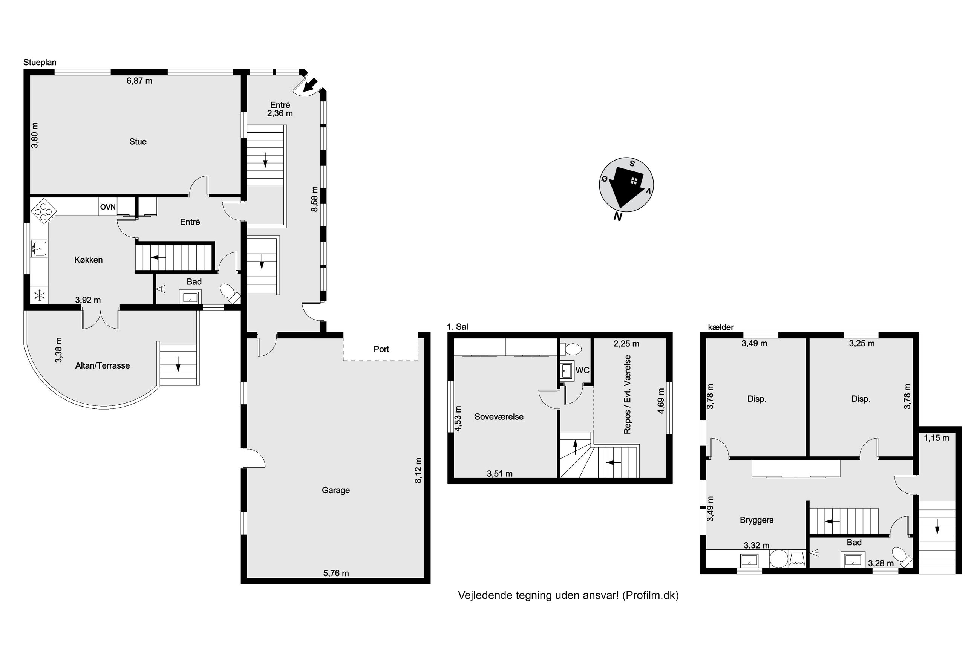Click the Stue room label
[x=138, y=142]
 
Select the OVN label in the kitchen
[x=108, y=207]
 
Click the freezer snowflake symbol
[x=40, y=296]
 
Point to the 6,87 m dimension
[x=139, y=81]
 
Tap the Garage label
[x=336, y=490]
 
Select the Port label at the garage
[x=381, y=349]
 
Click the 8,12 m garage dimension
[x=418, y=470]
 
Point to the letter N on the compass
[x=618, y=217]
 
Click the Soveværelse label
[x=499, y=417]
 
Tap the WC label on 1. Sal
[x=582, y=370]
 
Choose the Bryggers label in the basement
[x=756, y=520]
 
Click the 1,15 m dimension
[x=937, y=438]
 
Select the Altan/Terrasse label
[x=103, y=365]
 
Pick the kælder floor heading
[x=721, y=327]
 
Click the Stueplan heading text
[x=40, y=63]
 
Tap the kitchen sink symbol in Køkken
[x=39, y=248]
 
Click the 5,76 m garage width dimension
[x=336, y=573]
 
